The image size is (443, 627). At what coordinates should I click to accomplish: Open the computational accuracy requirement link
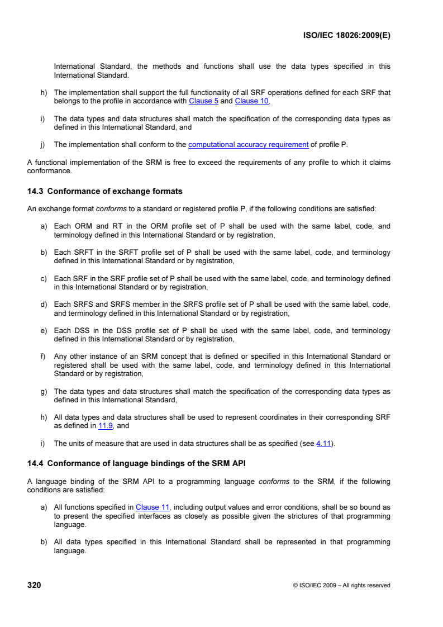[249, 145]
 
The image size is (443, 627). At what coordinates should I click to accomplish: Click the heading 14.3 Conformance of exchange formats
[105, 191]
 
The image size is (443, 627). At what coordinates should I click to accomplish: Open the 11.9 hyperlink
[105, 425]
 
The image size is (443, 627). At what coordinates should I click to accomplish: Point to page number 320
[34, 585]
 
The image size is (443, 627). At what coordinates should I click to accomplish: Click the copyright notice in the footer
[341, 586]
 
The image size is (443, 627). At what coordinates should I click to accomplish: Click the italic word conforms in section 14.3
[110, 209]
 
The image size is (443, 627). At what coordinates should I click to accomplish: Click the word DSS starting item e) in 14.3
[79, 331]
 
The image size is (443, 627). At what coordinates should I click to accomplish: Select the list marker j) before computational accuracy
[43, 145]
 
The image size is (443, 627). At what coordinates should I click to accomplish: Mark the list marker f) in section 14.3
[43, 357]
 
